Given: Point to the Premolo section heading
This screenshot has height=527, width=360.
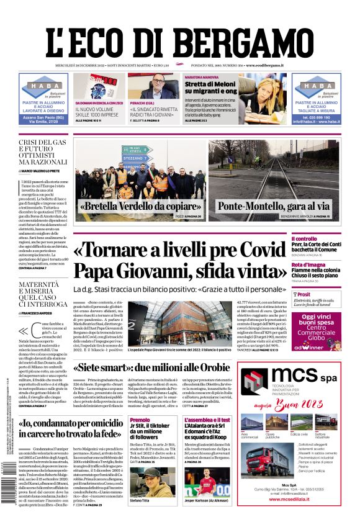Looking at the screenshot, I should point(139,420).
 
